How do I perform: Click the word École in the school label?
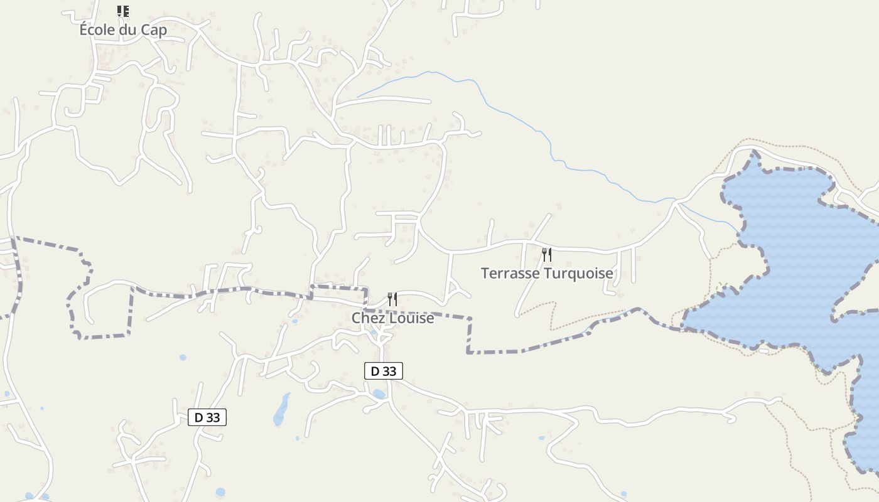pos(97,29)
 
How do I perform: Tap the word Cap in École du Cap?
pos(154,29)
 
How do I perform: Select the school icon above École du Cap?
pos(123,11)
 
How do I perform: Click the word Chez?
pos(367,318)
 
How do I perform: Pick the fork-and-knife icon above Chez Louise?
pos(392,299)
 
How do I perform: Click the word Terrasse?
pos(510,274)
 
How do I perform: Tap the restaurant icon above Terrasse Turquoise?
pos(547,254)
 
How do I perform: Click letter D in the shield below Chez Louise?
pos(375,371)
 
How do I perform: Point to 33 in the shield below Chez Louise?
pos(390,371)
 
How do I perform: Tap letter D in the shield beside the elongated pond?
pos(199,417)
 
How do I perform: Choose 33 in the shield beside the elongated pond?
pos(213,417)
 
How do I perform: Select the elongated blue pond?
pos(281,409)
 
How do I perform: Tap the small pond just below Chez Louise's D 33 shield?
pos(379,394)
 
